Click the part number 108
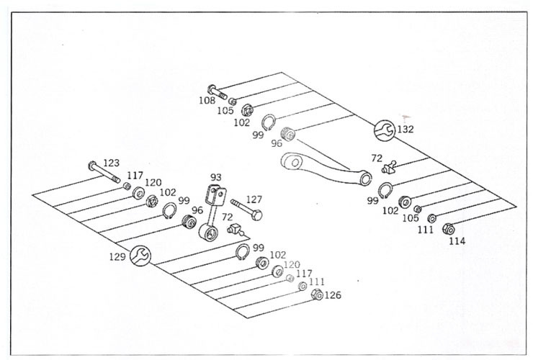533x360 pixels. point(207,101)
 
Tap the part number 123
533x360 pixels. point(111,163)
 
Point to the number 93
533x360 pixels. point(216,177)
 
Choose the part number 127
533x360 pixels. point(254,201)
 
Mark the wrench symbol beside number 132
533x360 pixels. point(384,130)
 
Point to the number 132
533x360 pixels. point(406,130)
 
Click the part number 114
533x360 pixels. point(457,240)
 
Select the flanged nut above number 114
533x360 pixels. point(447,229)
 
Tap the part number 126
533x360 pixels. point(333,295)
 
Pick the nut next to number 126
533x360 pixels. point(316,294)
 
